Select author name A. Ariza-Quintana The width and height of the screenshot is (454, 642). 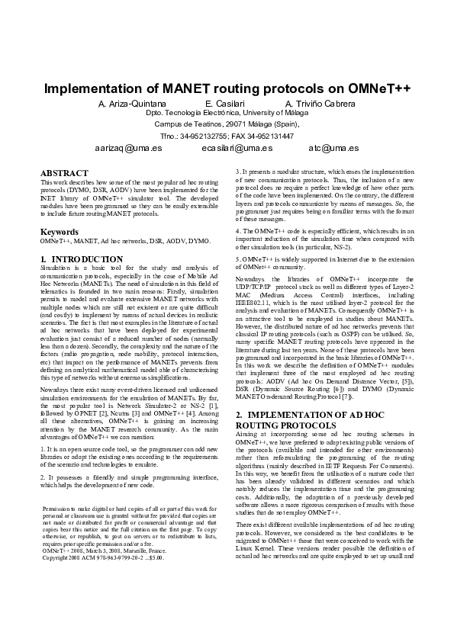[134, 104]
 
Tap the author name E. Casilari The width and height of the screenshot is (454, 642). [227, 104]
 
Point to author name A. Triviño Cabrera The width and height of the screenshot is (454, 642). [320, 104]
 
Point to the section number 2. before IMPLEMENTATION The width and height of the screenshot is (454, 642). [239, 415]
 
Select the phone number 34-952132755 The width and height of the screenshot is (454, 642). [203, 136]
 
